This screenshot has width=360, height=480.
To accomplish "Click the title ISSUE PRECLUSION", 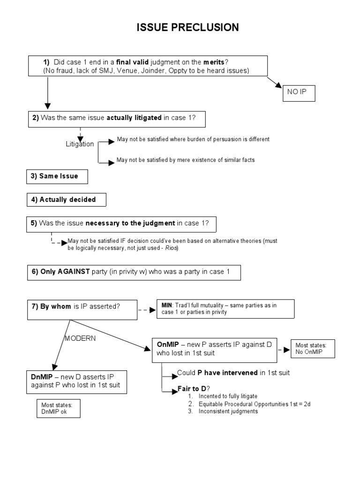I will (187, 28).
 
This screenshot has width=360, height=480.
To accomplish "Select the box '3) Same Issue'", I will (57, 176).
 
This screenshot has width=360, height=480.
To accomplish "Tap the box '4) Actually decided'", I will (66, 200).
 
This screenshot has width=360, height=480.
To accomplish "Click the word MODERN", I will (80, 339).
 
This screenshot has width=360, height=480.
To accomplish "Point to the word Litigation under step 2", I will (80, 144).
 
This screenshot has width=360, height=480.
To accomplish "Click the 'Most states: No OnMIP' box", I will (313, 349).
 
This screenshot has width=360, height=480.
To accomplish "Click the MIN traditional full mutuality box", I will (225, 308).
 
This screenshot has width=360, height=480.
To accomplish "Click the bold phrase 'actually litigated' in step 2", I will (134, 119).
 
